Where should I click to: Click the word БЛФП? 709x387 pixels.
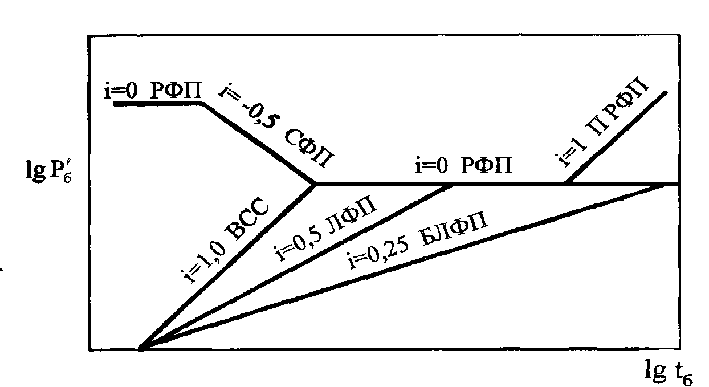click(455, 229)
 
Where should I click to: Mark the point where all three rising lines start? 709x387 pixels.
click(140, 347)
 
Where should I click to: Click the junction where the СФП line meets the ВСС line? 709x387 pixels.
click(315, 184)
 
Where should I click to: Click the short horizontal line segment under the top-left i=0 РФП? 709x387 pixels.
click(159, 104)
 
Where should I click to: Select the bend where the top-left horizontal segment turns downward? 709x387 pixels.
click(203, 104)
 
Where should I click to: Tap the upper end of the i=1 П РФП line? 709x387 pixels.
click(665, 92)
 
